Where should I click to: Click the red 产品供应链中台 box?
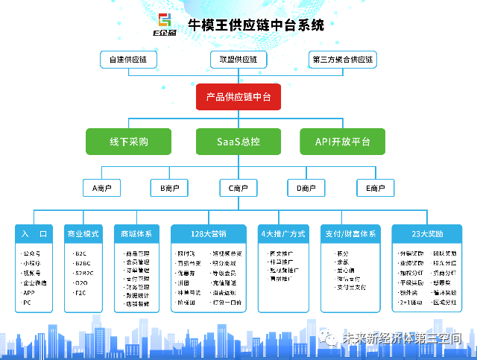(x=238, y=98)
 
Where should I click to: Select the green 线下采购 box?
(x=129, y=141)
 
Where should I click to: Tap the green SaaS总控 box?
(x=238, y=141)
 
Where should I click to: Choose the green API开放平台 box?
(x=342, y=141)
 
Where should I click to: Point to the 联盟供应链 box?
(x=238, y=59)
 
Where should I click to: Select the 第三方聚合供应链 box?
(x=343, y=59)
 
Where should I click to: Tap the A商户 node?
(x=101, y=189)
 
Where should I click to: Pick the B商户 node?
(x=169, y=189)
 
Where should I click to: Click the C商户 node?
(x=238, y=189)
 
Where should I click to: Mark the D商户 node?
(x=306, y=189)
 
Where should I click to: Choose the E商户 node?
(x=375, y=189)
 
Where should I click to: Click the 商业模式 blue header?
(x=82, y=234)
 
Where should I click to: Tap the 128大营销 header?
(x=208, y=234)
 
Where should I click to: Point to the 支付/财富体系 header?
(x=350, y=234)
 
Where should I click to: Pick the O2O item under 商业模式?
(x=80, y=283)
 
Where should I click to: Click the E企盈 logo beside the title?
(x=163, y=25)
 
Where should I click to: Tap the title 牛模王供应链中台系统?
(x=257, y=24)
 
